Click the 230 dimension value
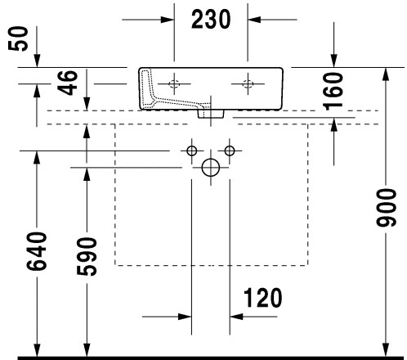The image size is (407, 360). tap(211, 19)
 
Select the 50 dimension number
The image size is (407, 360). tap(18, 38)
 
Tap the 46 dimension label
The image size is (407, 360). tap(68, 83)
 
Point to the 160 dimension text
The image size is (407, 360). tap(333, 91)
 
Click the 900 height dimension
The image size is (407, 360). tap(386, 207)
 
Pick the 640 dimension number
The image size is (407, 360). tap(37, 251)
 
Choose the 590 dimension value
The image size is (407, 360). tap(87, 256)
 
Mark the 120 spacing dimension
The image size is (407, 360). tap(262, 298)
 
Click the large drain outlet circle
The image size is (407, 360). tap(211, 168)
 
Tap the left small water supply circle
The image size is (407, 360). tap(192, 151)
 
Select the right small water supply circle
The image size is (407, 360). tap(230, 151)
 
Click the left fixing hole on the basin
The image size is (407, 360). tap(174, 83)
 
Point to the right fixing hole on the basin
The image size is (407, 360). tap(248, 83)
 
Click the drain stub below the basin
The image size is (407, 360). tap(211, 114)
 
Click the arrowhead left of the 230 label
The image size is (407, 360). tap(168, 20)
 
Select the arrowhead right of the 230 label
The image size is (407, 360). tap(254, 20)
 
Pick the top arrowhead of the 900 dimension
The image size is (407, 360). tap(386, 74)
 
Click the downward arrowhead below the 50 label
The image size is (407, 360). tap(37, 61)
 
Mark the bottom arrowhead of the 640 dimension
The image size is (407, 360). tap(37, 349)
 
